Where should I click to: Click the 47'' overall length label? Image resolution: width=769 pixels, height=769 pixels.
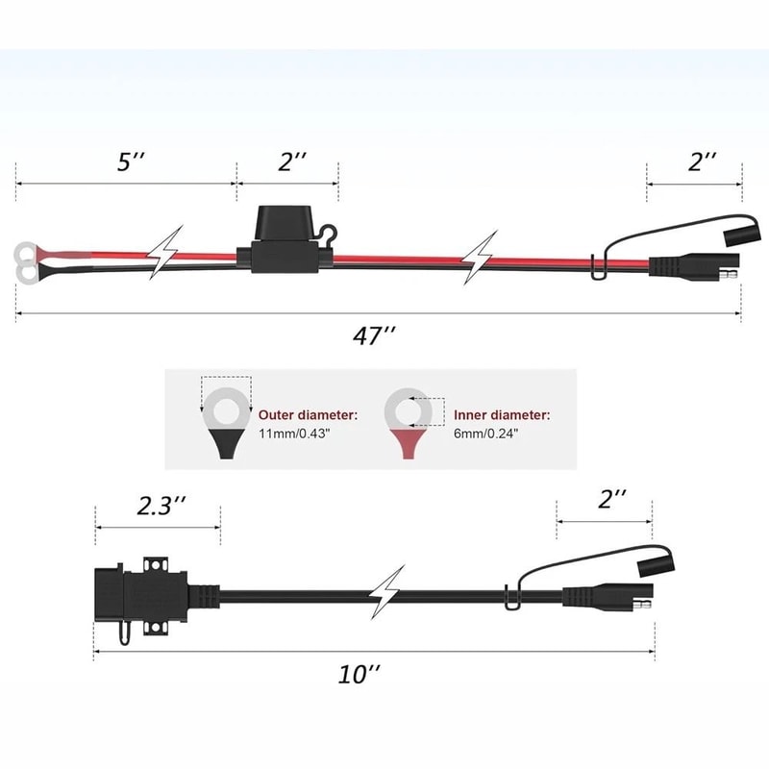pyautogui.click(x=374, y=335)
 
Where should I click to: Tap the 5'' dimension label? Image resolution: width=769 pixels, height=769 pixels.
pyautogui.click(x=131, y=161)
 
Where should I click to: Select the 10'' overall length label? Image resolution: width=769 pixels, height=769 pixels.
pyautogui.click(x=360, y=675)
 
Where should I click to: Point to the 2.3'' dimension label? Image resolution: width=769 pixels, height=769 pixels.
pyautogui.click(x=161, y=506)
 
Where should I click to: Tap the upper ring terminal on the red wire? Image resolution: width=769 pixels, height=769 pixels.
pyautogui.click(x=26, y=254)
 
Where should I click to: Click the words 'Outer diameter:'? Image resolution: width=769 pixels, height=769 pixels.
pyautogui.click(x=308, y=415)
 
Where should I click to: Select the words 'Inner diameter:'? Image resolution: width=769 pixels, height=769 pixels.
pyautogui.click(x=502, y=415)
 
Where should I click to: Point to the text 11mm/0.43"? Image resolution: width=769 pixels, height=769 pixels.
pyautogui.click(x=294, y=434)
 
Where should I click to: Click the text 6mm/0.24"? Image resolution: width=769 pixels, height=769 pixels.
pyautogui.click(x=485, y=434)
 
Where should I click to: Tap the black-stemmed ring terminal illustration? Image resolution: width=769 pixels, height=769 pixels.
pyautogui.click(x=227, y=423)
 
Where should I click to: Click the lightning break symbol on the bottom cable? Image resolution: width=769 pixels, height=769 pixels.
pyautogui.click(x=387, y=592)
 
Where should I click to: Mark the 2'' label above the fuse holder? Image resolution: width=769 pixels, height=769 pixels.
pyautogui.click(x=292, y=161)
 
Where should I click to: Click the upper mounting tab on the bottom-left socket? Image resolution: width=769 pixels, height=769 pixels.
pyautogui.click(x=156, y=564)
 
